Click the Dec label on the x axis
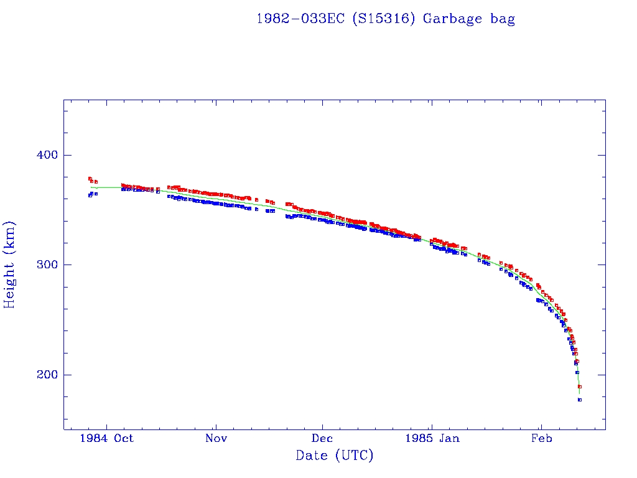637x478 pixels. tap(322, 438)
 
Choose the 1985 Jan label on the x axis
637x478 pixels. tap(432, 438)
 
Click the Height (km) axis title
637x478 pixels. tap(10, 265)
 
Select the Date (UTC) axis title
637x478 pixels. tap(335, 456)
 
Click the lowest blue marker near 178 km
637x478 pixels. tap(580, 400)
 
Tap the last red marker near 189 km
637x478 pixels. tap(580, 387)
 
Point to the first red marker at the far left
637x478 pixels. tap(90, 179)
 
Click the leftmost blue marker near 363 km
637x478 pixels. tap(90, 195)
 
